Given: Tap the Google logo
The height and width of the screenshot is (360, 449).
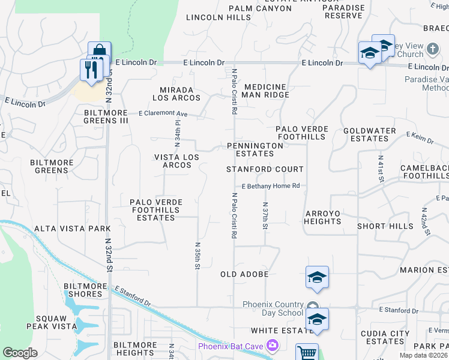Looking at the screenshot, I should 20,353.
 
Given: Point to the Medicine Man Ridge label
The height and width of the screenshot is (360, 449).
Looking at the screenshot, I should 266,91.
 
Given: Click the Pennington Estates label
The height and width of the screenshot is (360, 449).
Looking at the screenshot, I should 255,149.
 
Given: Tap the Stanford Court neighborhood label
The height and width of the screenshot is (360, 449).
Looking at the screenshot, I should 265,169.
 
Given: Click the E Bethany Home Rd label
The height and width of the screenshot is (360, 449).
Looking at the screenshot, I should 271,186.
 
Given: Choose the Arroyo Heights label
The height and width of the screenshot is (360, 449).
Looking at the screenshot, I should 322,217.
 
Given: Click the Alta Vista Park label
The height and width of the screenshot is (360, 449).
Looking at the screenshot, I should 72,229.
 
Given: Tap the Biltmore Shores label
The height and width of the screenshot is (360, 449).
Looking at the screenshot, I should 82,290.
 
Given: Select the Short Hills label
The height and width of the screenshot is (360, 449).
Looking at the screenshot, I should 385,226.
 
